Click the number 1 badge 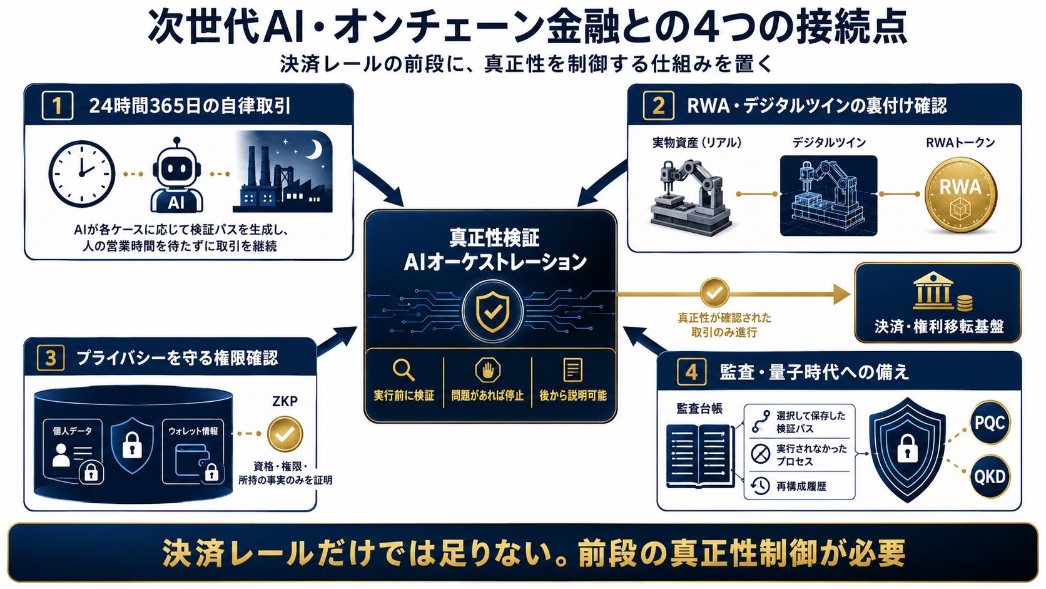pyautogui.click(x=58, y=106)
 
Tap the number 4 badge pyautogui.click(x=691, y=372)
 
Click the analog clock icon pyautogui.click(x=82, y=174)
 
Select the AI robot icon pyautogui.click(x=176, y=175)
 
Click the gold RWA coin pyautogui.click(x=960, y=194)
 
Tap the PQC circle pyautogui.click(x=990, y=423)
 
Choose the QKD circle pyautogui.click(x=990, y=476)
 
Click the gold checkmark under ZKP pyautogui.click(x=285, y=434)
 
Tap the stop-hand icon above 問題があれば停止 pyautogui.click(x=487, y=371)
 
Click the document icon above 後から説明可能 pyautogui.click(x=572, y=370)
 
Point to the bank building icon pyautogui.click(x=933, y=291)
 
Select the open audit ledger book pyautogui.click(x=698, y=456)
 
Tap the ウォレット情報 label pyautogui.click(x=193, y=431)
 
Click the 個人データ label pyautogui.click(x=72, y=431)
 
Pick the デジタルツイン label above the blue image pyautogui.click(x=829, y=143)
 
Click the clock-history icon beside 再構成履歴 pyautogui.click(x=760, y=486)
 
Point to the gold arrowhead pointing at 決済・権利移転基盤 pyautogui.click(x=841, y=294)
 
